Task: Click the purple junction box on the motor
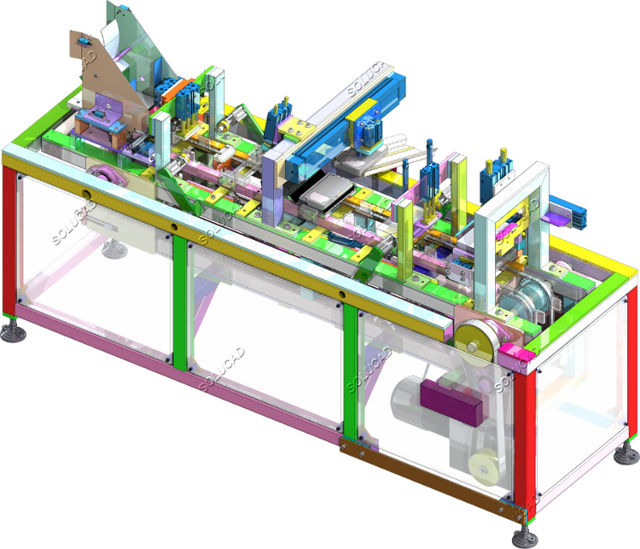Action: (x=451, y=402)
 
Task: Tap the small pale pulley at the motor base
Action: (x=485, y=467)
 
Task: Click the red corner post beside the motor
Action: (x=524, y=445)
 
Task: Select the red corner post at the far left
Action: (x=9, y=240)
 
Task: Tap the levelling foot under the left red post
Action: (x=13, y=330)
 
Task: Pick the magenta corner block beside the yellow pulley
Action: (x=512, y=354)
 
